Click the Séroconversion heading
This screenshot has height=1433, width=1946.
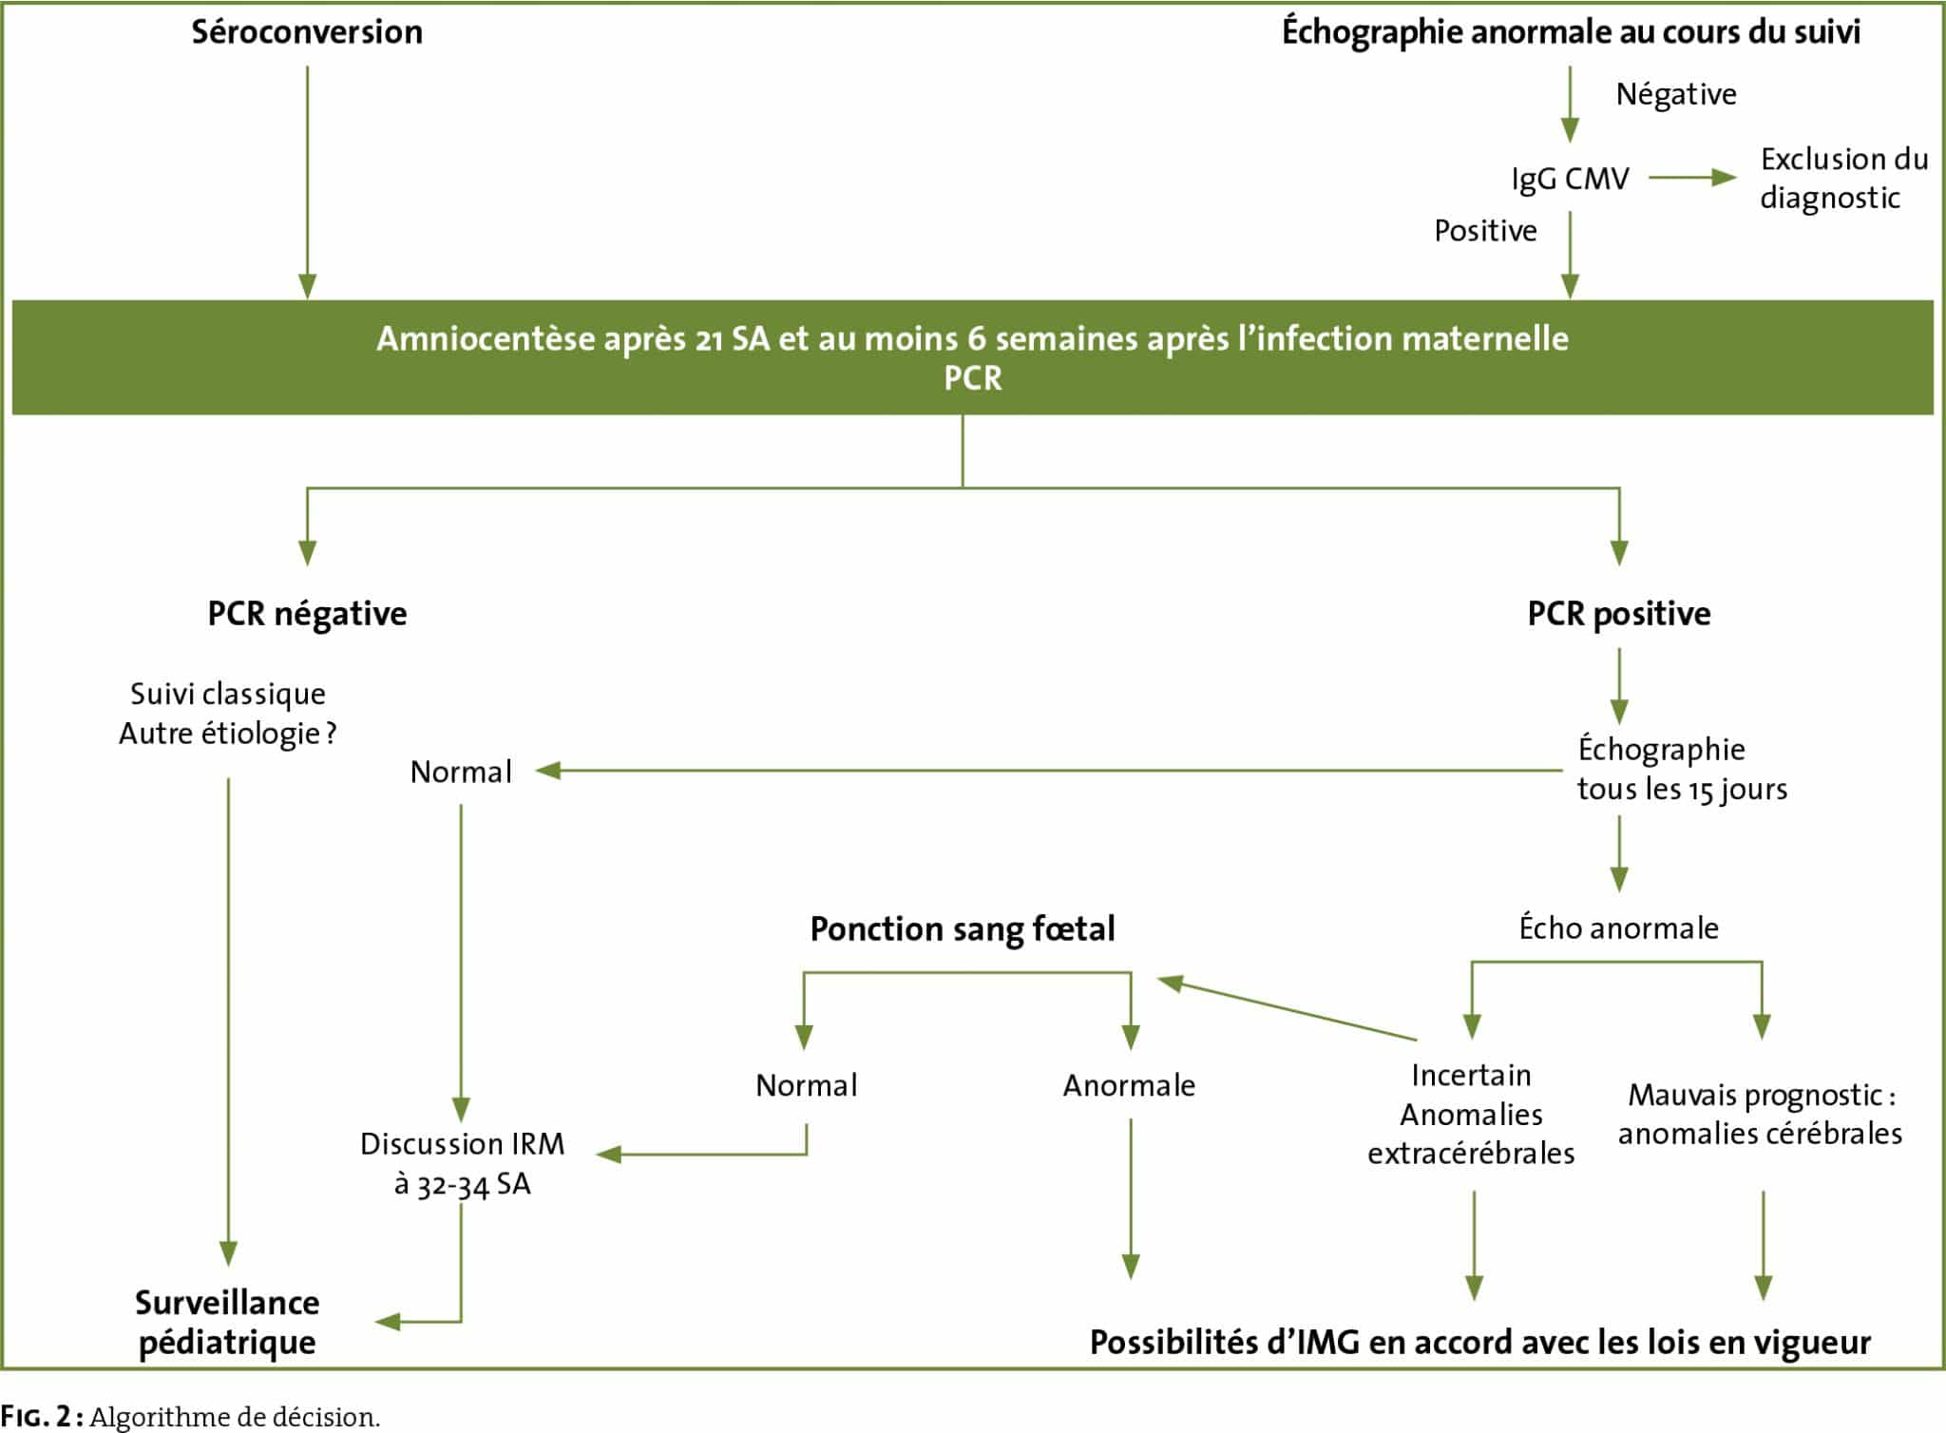tap(307, 32)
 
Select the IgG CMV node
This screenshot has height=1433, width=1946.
tap(1570, 179)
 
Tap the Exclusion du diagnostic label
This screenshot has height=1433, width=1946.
tap(1843, 178)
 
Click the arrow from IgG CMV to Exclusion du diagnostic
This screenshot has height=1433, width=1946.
tap(1692, 178)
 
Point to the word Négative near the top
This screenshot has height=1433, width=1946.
tap(1676, 94)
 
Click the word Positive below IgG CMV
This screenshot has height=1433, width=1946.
tap(1485, 231)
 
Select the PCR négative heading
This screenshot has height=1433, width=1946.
tap(307, 614)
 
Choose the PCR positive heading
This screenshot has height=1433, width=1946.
tap(1619, 614)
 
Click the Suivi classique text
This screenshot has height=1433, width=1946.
tap(228, 694)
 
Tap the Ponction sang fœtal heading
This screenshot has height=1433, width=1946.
tap(963, 928)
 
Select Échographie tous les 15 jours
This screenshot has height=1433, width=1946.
tap(1682, 769)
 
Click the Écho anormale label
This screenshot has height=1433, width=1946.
tap(1619, 927)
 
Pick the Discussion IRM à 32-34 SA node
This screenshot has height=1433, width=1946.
tap(462, 1163)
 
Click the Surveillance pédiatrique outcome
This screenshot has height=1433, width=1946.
tap(227, 1322)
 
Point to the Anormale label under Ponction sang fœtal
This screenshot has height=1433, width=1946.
tap(1129, 1085)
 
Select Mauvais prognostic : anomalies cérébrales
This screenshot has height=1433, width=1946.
tap(1760, 1114)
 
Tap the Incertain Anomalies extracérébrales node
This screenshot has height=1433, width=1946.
tap(1471, 1114)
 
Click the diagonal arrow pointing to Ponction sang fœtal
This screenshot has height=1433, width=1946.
tap(1287, 1008)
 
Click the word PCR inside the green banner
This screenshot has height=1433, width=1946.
tap(972, 378)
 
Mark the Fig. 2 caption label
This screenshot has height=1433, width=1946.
tap(44, 1417)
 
